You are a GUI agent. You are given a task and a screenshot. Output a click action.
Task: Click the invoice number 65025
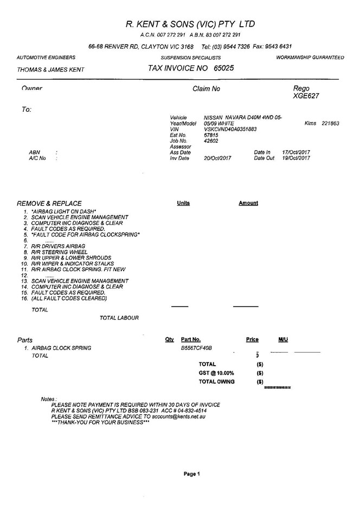tap(224, 69)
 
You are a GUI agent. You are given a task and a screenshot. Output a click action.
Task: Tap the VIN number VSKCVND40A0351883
tap(230, 129)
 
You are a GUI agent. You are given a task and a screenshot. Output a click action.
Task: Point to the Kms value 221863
tap(330, 124)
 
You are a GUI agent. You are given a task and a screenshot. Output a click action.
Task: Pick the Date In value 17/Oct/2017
tap(296, 152)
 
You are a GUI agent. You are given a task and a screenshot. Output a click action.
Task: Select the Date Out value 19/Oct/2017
tap(296, 158)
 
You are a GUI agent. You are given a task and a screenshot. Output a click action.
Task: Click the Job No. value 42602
tap(210, 141)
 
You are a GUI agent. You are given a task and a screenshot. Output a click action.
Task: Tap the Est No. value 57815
tap(210, 135)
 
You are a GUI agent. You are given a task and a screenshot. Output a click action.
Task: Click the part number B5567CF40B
tap(196, 348)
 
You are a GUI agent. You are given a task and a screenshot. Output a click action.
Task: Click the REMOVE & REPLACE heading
tap(49, 203)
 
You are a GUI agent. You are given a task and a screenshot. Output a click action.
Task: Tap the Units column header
tap(183, 203)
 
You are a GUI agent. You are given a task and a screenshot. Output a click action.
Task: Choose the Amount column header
tap(248, 203)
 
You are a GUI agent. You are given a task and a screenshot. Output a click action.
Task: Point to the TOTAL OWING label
tap(217, 381)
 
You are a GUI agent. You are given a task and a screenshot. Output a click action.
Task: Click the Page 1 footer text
tap(192, 474)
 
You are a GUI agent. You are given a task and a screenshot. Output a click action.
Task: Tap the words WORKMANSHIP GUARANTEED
tap(310, 58)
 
